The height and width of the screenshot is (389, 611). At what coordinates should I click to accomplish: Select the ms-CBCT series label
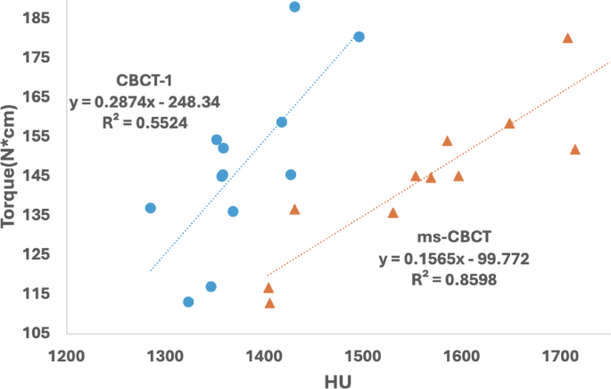coord(455,238)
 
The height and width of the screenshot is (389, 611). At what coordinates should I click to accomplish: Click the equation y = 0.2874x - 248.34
coord(144,102)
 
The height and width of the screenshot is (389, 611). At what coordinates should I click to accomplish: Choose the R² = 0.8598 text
coord(455,279)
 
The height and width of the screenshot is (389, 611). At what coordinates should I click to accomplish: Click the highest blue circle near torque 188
coord(294,7)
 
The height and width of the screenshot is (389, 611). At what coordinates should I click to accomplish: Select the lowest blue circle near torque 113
coord(188,302)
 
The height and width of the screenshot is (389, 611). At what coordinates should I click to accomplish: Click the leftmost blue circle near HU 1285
coord(150,208)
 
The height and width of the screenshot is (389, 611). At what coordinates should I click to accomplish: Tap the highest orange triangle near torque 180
coord(567,37)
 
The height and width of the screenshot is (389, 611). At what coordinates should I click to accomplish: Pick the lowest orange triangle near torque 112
coord(269,303)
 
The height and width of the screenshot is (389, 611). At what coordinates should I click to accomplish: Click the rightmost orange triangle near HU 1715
coord(574,149)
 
